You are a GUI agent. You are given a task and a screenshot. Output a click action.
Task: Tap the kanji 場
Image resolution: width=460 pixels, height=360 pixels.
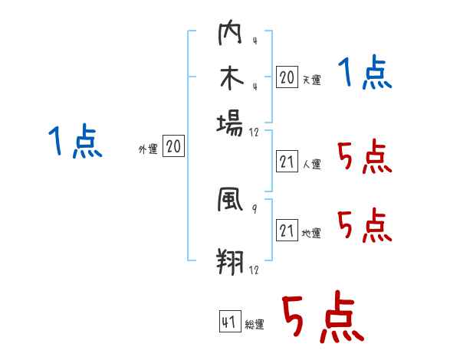230,123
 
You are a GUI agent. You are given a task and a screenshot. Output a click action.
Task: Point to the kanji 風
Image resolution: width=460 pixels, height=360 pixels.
230,201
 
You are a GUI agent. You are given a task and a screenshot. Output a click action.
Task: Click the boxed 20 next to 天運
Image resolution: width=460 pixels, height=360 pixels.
287,77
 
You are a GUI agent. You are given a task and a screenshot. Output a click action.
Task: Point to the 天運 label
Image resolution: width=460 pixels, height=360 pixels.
310,79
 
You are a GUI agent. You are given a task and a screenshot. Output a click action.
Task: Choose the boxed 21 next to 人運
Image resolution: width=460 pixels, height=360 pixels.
287,162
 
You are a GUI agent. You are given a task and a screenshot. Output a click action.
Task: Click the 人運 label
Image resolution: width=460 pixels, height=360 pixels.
310,164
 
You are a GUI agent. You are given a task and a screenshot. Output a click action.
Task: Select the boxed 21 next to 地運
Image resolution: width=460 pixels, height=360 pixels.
287,231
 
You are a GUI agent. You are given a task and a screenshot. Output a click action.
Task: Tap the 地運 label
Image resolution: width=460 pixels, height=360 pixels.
310,233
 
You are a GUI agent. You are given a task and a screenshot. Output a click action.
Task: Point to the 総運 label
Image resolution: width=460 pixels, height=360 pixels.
254,325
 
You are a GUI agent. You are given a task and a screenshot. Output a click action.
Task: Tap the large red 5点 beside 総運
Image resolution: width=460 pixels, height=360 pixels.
322,318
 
